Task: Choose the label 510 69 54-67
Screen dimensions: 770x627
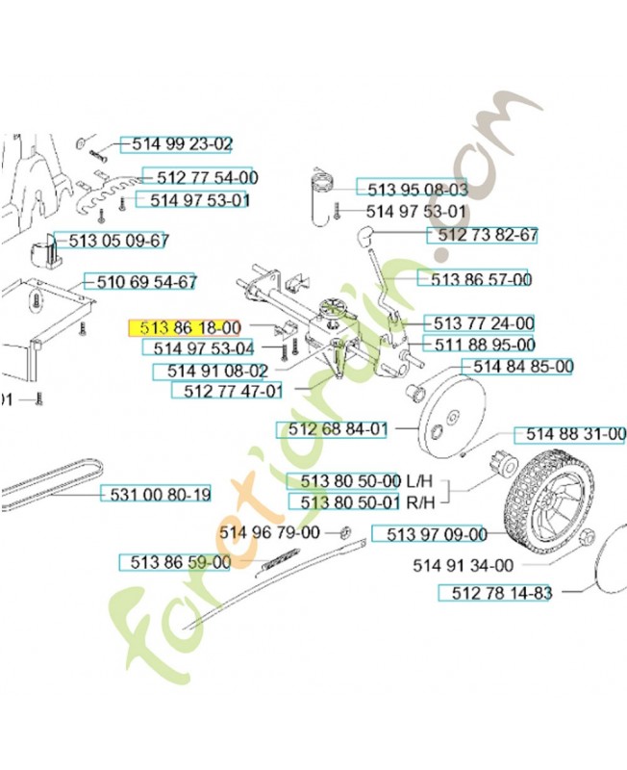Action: coord(141,282)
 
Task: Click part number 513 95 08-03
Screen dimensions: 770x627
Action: coord(411,189)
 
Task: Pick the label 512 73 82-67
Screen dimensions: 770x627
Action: coord(488,235)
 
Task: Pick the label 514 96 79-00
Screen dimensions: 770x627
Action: coord(269,531)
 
